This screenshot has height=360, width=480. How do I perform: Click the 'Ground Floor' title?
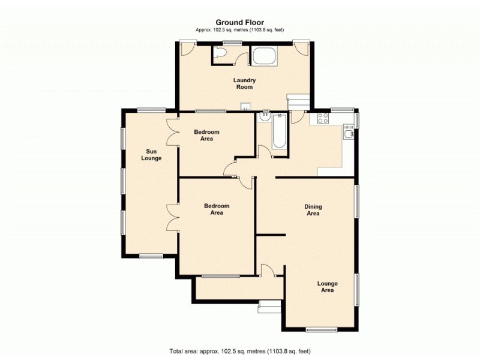[240, 23]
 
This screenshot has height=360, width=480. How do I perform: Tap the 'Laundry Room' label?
[245, 83]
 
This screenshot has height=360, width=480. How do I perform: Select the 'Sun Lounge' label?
[151, 155]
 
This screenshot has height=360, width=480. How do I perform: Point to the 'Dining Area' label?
[313, 210]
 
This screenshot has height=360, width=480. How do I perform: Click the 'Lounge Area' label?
[327, 287]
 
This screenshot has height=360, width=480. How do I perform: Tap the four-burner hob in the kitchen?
[322, 118]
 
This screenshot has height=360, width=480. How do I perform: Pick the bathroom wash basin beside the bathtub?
[264, 117]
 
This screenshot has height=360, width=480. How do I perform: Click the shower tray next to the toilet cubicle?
[264, 56]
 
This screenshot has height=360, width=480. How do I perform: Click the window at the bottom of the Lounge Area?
[317, 329]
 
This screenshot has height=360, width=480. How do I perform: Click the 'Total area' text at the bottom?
[240, 351]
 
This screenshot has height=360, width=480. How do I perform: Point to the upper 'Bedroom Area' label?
[207, 135]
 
